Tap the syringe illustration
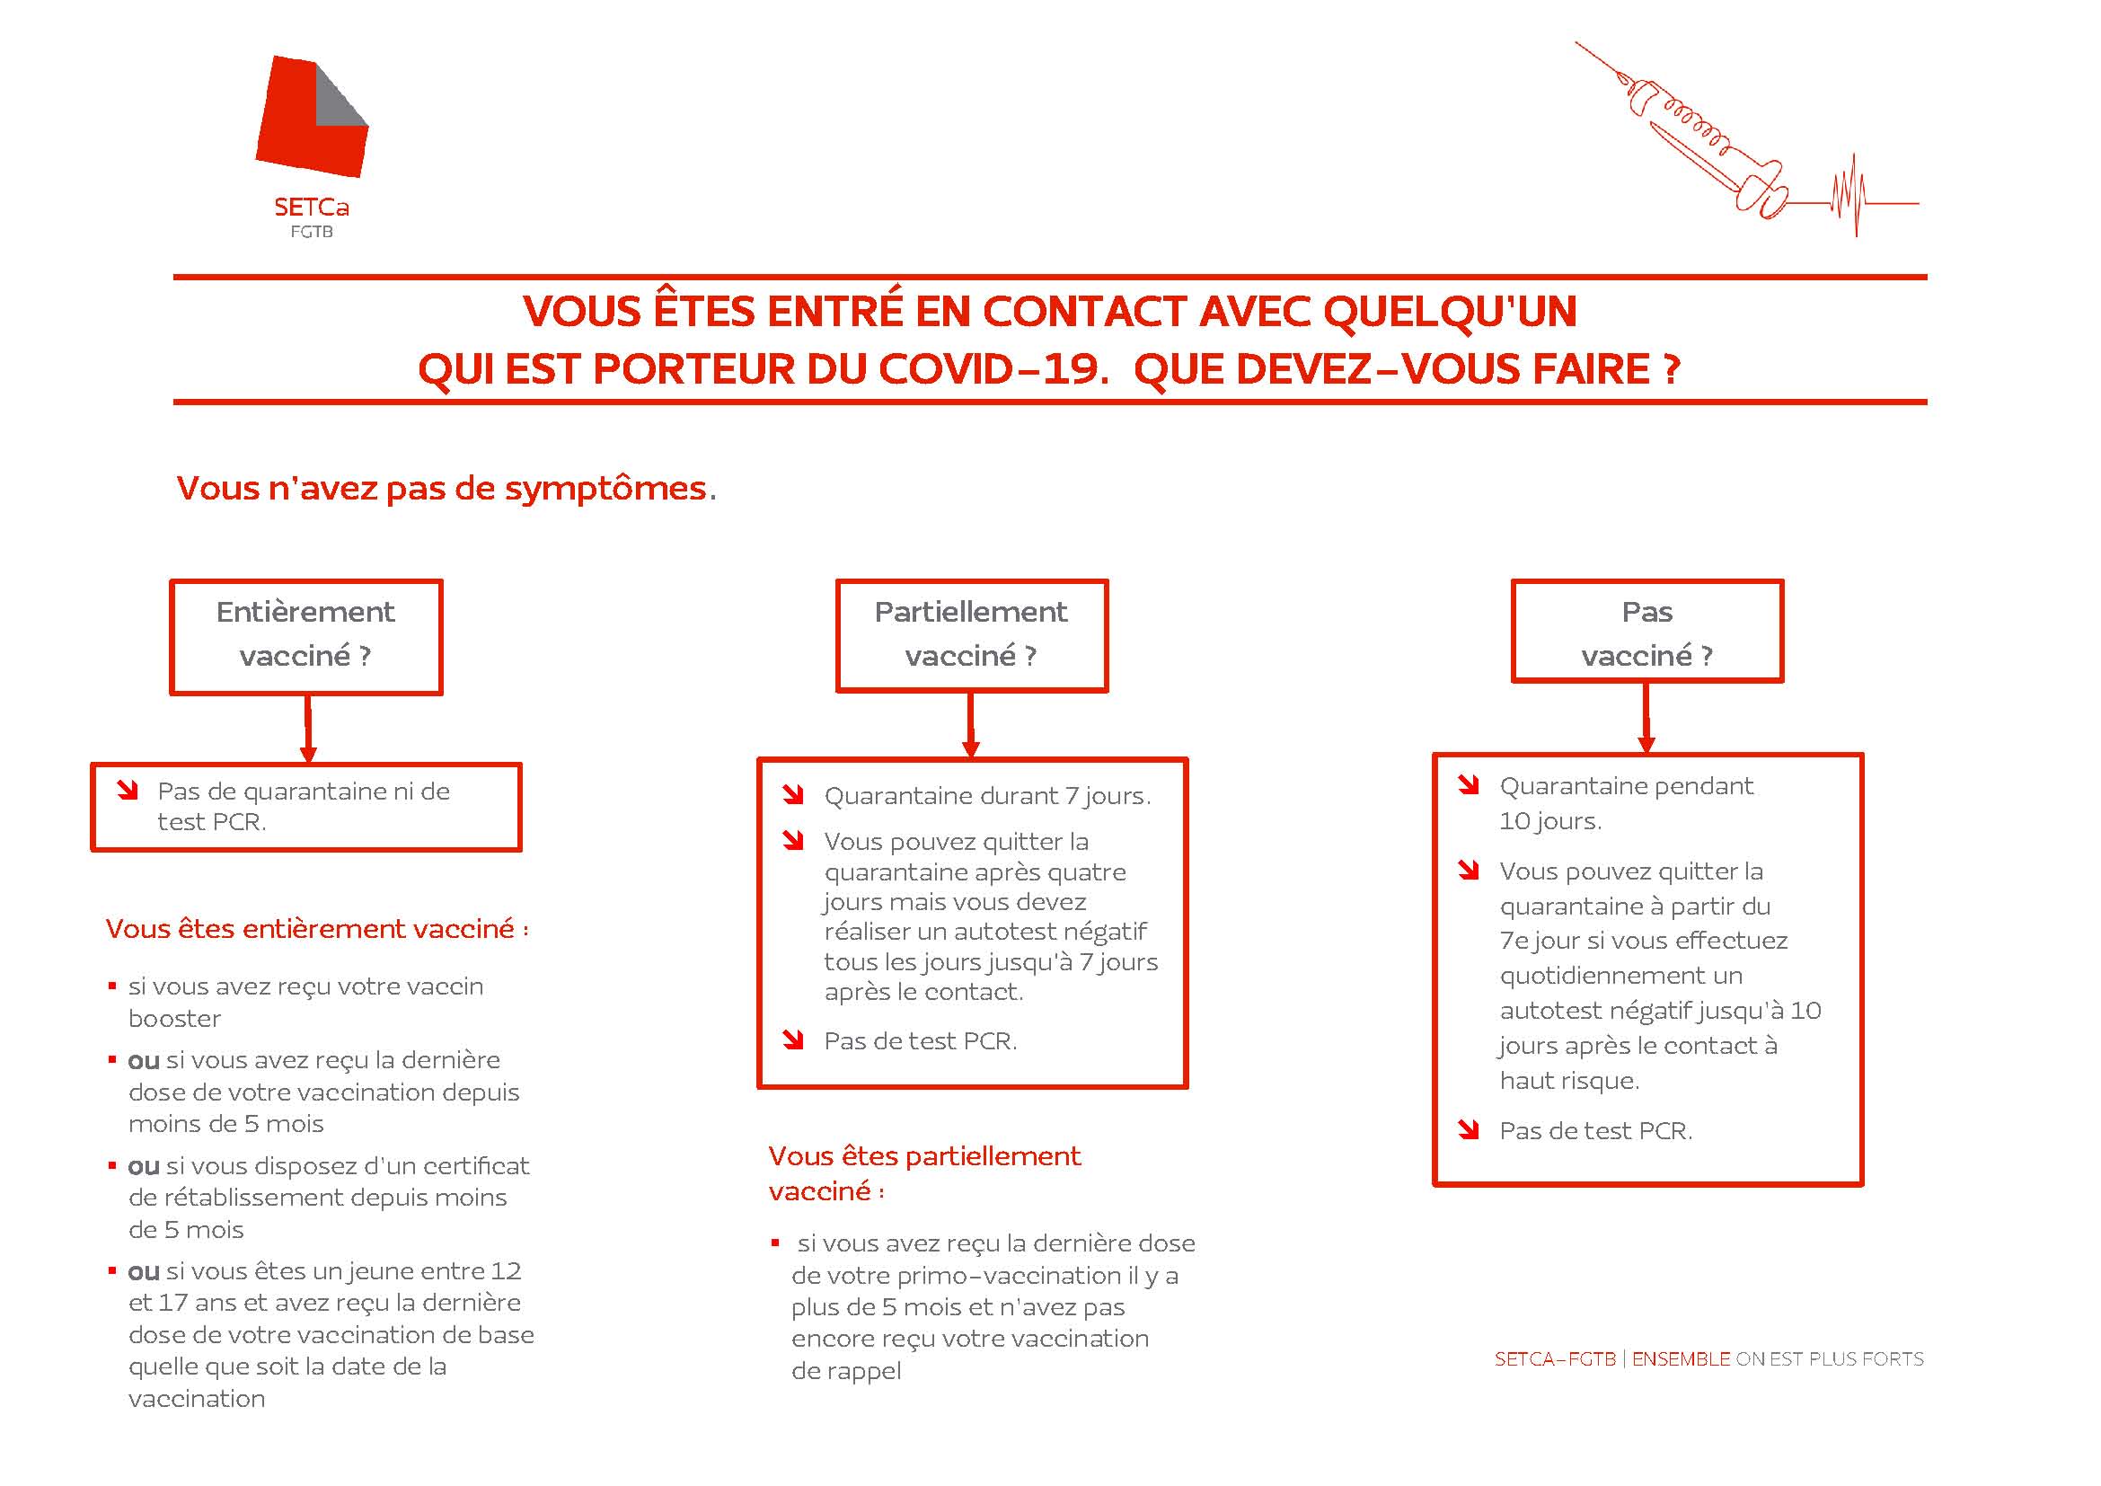pos(1693,137)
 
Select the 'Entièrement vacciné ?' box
pos(305,636)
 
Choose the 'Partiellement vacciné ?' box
pos(971,635)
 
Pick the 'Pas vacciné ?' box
pos(1646,632)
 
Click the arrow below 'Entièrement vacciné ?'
pos(308,729)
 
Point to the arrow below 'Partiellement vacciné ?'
pos(971,725)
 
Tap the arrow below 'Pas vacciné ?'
pos(1646,719)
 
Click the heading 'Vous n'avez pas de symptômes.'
pos(446,489)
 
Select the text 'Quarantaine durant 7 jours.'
pos(986,796)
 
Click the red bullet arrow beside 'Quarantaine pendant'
pos(1468,785)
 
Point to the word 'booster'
pos(175,1019)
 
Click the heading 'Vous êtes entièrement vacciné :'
pos(316,929)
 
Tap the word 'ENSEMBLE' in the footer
pos(1681,1358)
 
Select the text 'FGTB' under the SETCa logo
pos(311,233)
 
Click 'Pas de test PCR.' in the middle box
pos(920,1041)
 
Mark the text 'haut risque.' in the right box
pos(1568,1081)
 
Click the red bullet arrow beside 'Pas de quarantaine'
pos(128,791)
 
